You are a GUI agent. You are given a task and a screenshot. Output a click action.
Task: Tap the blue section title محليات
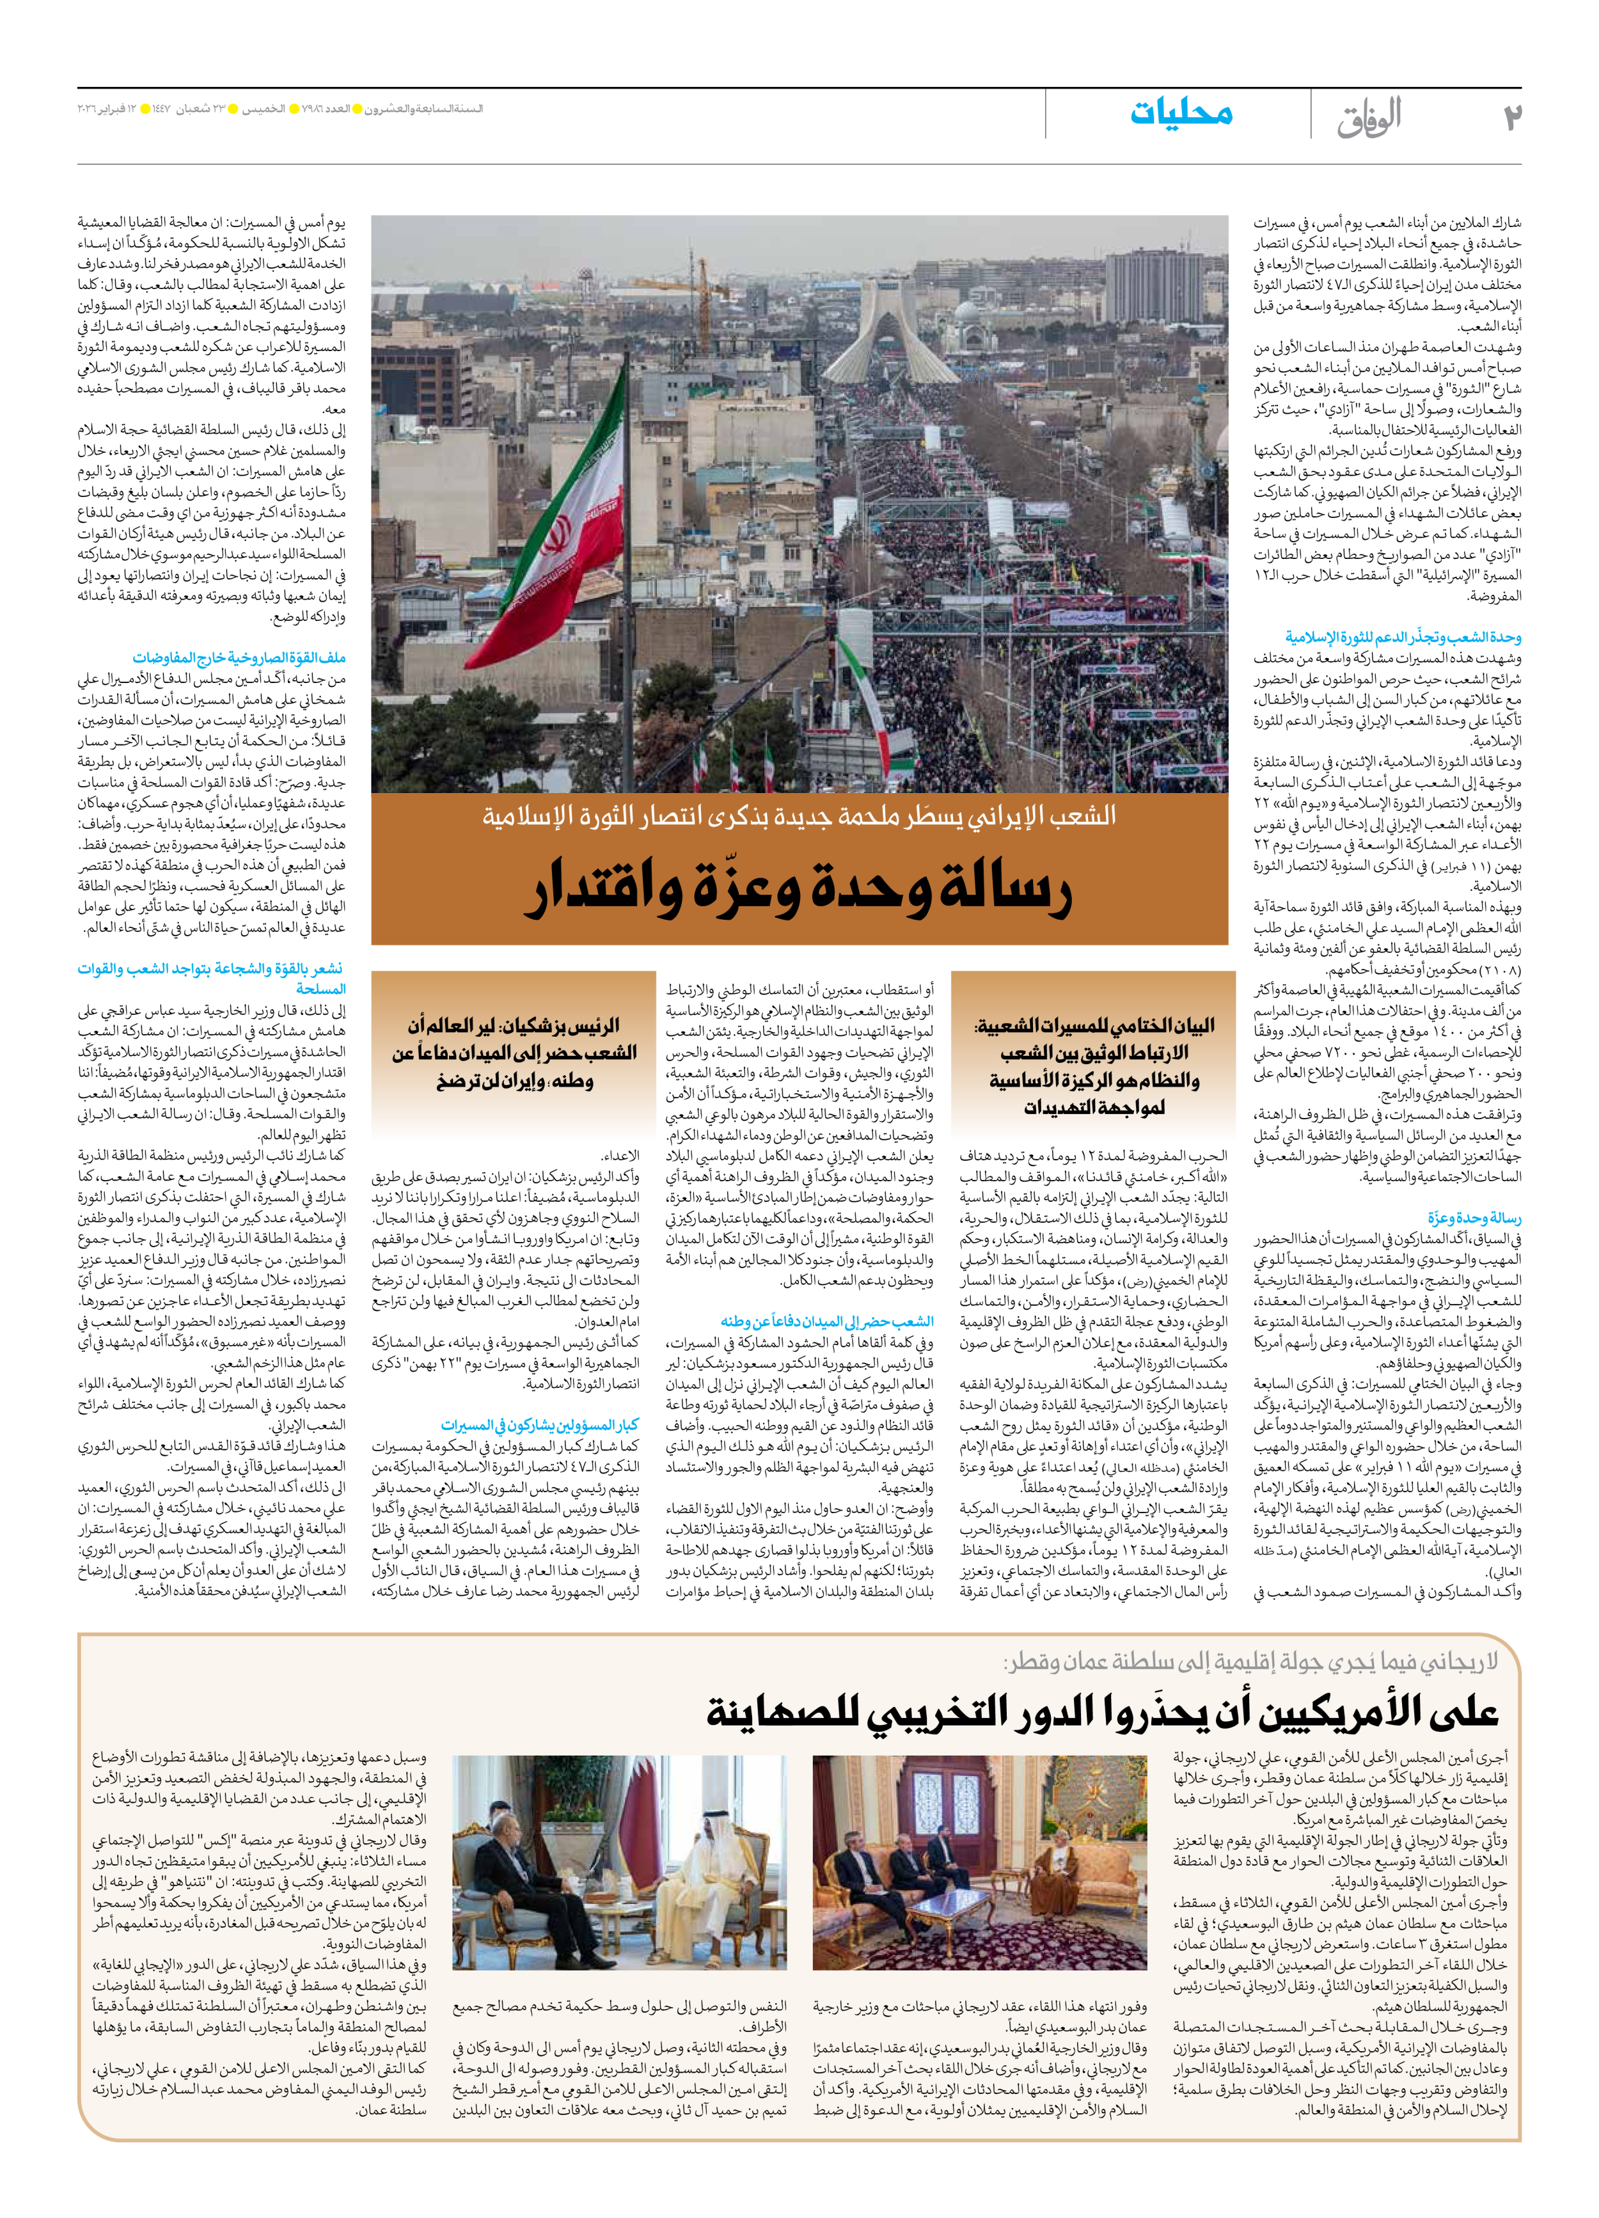click(1181, 113)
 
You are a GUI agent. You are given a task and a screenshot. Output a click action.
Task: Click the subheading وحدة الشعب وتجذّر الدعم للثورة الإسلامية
click(1403, 638)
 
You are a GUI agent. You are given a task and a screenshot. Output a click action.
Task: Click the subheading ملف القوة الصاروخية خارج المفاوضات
click(239, 657)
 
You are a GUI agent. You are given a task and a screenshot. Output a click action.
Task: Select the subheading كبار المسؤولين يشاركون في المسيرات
click(539, 1425)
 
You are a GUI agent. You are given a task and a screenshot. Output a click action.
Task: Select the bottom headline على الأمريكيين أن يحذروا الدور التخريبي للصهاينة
click(1101, 1711)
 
